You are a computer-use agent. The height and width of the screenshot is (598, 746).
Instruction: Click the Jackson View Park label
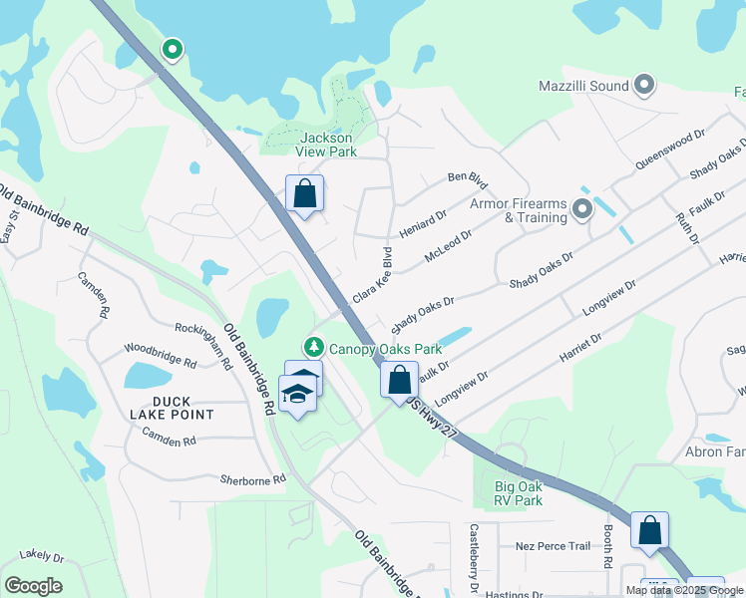point(328,145)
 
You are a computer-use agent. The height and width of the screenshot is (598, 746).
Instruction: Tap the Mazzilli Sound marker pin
point(643,86)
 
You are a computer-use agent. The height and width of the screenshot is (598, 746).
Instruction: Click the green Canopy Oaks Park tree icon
point(315,348)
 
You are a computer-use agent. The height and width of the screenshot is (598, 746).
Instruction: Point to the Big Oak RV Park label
point(519,493)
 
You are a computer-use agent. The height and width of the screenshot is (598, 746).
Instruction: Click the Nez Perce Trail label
point(553,546)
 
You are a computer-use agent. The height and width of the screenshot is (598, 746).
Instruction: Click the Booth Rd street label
point(607,548)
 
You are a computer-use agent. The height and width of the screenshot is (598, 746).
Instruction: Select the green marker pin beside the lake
point(173,48)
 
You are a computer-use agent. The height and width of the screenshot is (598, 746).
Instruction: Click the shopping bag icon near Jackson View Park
point(304,192)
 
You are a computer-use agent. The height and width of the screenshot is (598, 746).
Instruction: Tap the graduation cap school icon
point(296,396)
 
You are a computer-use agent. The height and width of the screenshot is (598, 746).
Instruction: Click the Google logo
point(33,586)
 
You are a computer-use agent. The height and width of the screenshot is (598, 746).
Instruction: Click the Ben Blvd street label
point(467,180)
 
